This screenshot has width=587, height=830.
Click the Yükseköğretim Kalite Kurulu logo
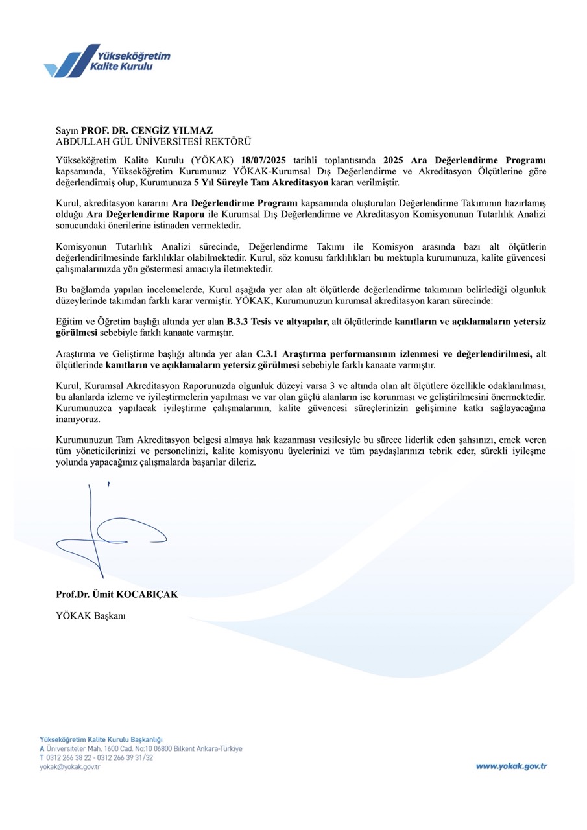coord(107,61)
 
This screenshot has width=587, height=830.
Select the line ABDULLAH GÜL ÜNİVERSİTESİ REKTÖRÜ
coord(153,141)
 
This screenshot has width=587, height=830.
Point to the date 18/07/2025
coord(264,160)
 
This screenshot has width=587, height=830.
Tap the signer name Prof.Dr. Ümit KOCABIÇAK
coord(117,593)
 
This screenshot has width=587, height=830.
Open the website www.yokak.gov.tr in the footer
coord(512,766)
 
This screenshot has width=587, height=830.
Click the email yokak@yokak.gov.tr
coord(70,767)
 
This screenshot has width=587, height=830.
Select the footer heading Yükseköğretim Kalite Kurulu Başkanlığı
coord(101,739)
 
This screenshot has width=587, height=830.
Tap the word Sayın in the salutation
coord(67,130)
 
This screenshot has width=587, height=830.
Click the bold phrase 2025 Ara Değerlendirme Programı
coord(464,160)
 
